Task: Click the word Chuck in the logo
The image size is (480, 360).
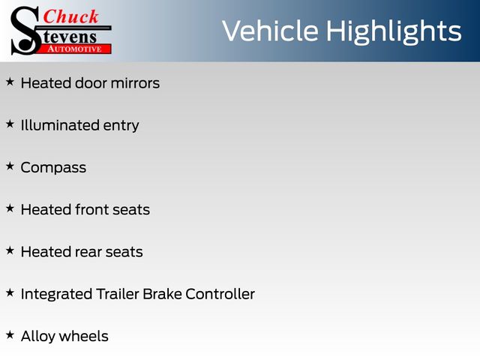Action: tap(70, 16)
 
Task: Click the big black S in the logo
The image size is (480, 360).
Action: tap(25, 31)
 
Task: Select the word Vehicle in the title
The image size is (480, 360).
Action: tap(270, 31)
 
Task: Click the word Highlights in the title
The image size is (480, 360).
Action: tap(394, 31)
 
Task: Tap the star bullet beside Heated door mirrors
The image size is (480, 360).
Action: tap(10, 82)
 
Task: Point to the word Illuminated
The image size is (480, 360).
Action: tap(60, 125)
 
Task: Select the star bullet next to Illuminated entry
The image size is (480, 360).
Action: tap(10, 124)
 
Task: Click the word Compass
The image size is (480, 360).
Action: tap(53, 168)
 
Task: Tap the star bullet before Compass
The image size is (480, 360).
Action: tap(10, 166)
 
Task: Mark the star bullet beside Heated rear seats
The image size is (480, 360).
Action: tap(10, 250)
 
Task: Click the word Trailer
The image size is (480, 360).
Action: tap(118, 294)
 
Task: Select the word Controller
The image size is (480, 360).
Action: tap(220, 294)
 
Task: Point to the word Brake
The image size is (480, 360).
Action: tap(162, 294)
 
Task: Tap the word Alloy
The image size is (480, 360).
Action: tap(38, 337)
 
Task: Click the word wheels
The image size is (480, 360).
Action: tap(84, 337)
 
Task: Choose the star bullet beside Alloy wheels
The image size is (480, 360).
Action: tap(10, 335)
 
